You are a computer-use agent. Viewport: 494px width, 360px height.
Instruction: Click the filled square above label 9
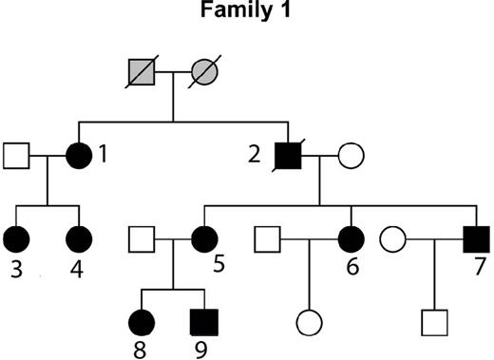(203, 323)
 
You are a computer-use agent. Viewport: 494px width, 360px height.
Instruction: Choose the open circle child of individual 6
(309, 323)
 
